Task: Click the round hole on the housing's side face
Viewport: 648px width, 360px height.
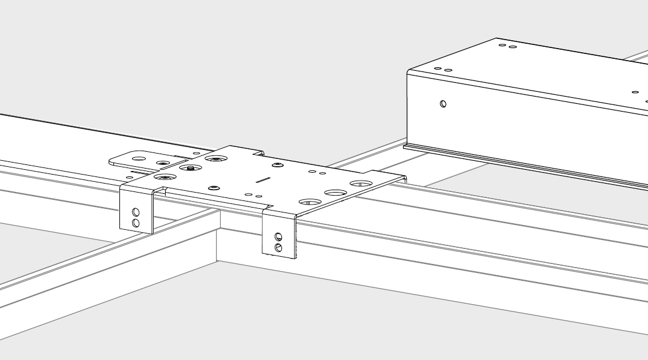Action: pyautogui.click(x=443, y=104)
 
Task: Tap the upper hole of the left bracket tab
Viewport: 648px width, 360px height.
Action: pyautogui.click(x=136, y=212)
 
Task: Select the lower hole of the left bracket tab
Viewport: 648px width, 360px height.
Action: pyautogui.click(x=136, y=223)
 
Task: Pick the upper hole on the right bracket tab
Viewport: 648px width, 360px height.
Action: pyautogui.click(x=278, y=237)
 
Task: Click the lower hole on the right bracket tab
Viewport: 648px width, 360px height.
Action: pyautogui.click(x=278, y=247)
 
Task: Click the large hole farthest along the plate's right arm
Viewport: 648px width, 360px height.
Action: pyautogui.click(x=361, y=184)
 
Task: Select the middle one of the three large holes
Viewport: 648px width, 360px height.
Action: pyautogui.click(x=335, y=193)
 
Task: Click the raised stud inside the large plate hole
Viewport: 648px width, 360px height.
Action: pyautogui.click(x=190, y=168)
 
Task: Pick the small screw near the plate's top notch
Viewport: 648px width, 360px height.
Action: pyautogui.click(x=277, y=164)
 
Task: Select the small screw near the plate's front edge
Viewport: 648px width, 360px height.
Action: pyautogui.click(x=213, y=188)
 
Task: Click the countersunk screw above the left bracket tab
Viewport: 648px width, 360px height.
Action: pyautogui.click(x=164, y=178)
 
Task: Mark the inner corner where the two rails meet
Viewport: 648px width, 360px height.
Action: pyautogui.click(x=220, y=227)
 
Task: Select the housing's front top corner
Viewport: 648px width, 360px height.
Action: pyautogui.click(x=409, y=71)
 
